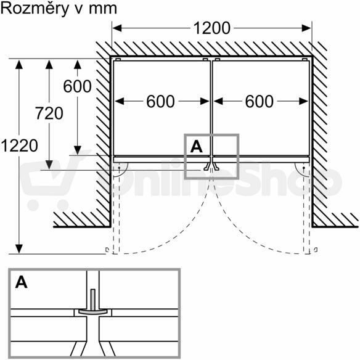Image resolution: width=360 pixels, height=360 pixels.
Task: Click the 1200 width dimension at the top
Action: pyautogui.click(x=211, y=28)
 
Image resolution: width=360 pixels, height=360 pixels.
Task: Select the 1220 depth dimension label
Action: pyautogui.click(x=19, y=145)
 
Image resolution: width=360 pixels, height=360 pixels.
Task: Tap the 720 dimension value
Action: pyautogui.click(x=49, y=113)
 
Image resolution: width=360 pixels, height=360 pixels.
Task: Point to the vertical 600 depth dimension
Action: pyautogui.click(x=78, y=86)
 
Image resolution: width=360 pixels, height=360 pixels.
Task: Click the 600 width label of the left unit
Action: pyautogui.click(x=160, y=102)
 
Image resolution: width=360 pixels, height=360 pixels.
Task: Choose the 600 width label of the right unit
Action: pyautogui.click(x=259, y=102)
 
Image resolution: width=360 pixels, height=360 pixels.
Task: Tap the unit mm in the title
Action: pyautogui.click(x=103, y=9)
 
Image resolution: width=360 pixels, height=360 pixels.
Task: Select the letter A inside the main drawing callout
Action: pyautogui.click(x=196, y=147)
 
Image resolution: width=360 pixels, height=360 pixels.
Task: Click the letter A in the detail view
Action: pyautogui.click(x=22, y=282)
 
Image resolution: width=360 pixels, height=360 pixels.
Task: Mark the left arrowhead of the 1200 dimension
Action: pyautogui.click(x=117, y=28)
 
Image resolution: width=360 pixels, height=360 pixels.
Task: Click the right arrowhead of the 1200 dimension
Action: pyautogui.click(x=306, y=28)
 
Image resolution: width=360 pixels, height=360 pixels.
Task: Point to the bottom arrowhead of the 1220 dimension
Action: pyautogui.click(x=19, y=249)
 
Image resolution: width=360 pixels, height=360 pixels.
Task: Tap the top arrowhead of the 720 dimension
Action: pyautogui.click(x=49, y=64)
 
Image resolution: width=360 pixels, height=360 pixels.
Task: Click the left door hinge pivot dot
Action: pyautogui.click(x=119, y=168)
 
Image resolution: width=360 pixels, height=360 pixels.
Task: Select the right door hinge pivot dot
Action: pyautogui.click(x=304, y=168)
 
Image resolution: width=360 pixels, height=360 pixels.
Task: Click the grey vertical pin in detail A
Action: pyautogui.click(x=92, y=300)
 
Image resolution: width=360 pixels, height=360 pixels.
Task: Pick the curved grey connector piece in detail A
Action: pyautogui.click(x=92, y=311)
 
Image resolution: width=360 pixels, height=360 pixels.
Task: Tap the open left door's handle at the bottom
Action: pyautogui.click(x=107, y=250)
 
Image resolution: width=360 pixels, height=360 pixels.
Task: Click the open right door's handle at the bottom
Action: pyautogui.click(x=316, y=250)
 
